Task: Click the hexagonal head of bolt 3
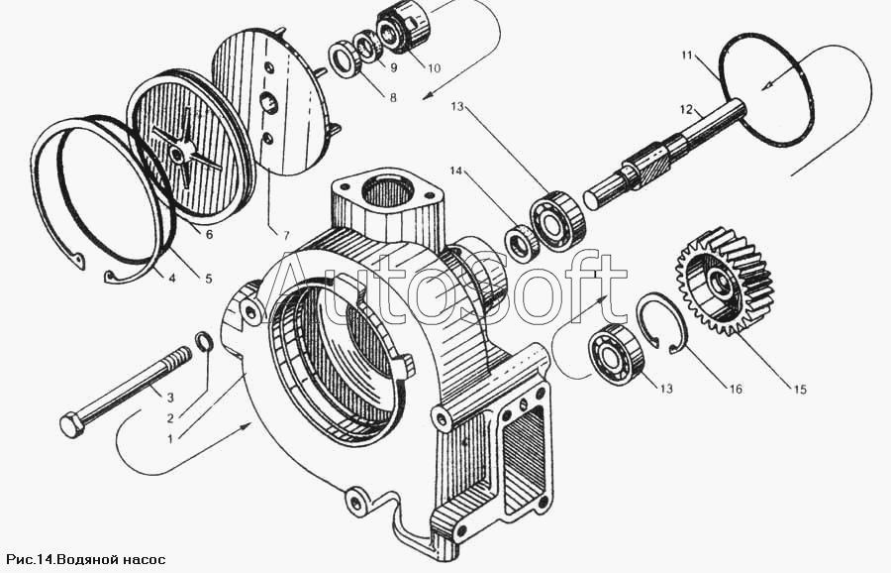click(72, 424)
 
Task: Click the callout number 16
click(736, 390)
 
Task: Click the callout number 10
click(434, 68)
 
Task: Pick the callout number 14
click(457, 171)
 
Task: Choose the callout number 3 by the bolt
click(170, 398)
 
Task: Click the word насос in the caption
click(145, 559)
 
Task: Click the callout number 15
click(800, 390)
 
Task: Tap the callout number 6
click(209, 234)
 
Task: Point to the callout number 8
click(393, 97)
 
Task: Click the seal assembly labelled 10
click(404, 27)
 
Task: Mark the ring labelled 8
click(344, 58)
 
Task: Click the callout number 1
click(170, 439)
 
